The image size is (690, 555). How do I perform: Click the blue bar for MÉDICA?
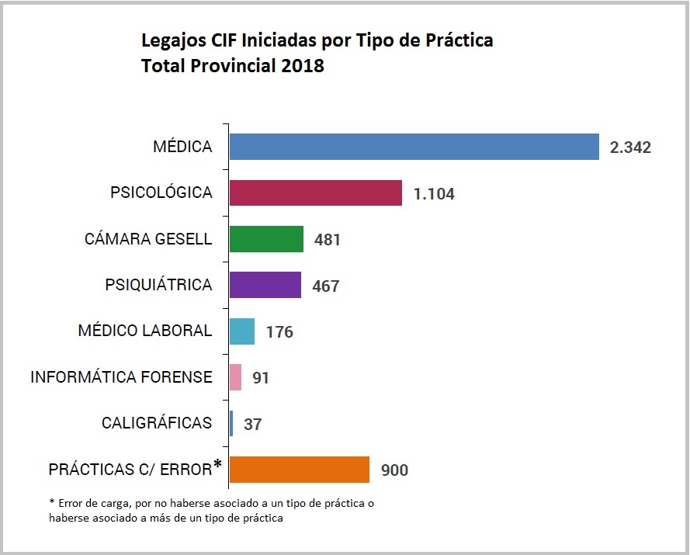[414, 147]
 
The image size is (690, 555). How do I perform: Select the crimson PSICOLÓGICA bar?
[316, 193]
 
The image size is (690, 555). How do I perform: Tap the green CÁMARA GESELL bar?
[266, 239]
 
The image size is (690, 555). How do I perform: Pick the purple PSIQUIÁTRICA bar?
[265, 285]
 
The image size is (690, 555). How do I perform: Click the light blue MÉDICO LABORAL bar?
[242, 331]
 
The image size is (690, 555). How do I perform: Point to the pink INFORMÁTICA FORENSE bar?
[236, 377]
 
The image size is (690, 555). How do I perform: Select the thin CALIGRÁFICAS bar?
[231, 423]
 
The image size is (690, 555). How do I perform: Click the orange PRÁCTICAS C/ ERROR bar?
[300, 470]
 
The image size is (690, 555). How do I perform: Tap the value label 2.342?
[630, 147]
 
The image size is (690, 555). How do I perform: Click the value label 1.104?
[434, 194]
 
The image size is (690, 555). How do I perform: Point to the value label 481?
[328, 240]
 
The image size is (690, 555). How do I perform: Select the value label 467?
[326, 286]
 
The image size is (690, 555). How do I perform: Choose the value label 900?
[394, 470]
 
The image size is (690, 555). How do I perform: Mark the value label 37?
[253, 425]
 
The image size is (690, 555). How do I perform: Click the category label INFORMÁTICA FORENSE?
[121, 377]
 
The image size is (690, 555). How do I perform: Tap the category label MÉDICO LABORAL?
[145, 331]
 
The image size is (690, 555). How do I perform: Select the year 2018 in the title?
[303, 66]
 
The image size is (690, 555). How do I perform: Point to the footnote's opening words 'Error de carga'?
[85, 503]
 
